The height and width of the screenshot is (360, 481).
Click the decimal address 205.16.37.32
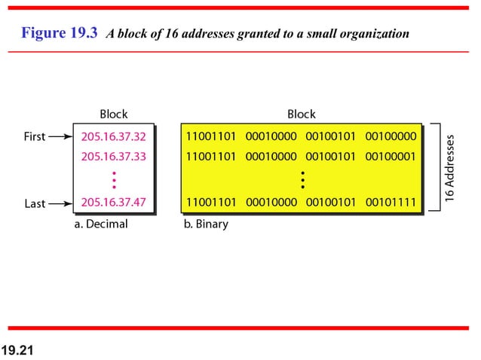113,137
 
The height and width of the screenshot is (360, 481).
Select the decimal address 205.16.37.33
113,157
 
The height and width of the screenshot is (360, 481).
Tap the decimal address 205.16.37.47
113,203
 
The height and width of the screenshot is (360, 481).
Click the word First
35,137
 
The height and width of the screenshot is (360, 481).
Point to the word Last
35,203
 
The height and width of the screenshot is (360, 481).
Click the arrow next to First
58,137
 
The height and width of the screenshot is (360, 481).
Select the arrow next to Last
58,203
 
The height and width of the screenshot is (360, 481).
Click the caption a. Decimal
100,224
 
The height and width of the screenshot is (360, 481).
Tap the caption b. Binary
206,224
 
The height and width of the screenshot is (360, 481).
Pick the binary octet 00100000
391,137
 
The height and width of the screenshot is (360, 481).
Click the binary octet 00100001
391,157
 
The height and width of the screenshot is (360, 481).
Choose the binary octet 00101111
391,203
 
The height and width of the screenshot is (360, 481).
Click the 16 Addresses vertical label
450,168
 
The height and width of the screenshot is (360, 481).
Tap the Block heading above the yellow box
302,114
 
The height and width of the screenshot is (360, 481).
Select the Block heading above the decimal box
114,114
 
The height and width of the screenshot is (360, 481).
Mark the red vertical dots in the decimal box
113,180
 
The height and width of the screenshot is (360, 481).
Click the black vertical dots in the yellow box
302,180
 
